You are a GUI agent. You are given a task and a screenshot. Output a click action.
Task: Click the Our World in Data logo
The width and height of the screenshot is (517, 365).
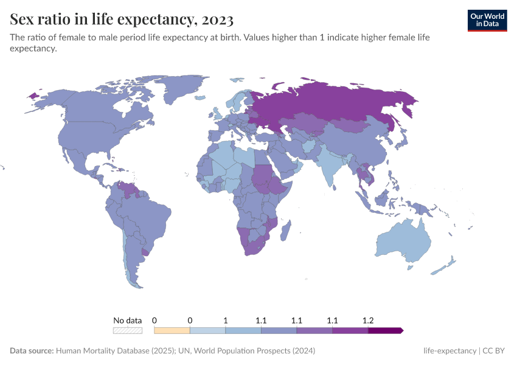coord(487,19)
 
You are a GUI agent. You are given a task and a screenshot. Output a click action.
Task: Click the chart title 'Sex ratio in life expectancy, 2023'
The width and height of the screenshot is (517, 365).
coord(122,19)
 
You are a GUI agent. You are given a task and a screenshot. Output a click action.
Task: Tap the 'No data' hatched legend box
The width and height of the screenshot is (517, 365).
coord(128,330)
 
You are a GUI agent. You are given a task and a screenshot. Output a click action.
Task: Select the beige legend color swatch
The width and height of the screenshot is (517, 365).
coord(172,330)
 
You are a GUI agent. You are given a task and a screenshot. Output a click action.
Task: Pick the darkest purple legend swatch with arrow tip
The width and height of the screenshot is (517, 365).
coord(385,330)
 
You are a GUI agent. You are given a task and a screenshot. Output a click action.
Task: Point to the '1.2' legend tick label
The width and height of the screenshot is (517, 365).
coord(368,320)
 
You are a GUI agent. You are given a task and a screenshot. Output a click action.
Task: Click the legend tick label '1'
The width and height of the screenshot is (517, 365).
coord(226,320)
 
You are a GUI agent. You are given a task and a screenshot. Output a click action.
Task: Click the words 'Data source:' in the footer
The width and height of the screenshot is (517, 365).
coord(31,351)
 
